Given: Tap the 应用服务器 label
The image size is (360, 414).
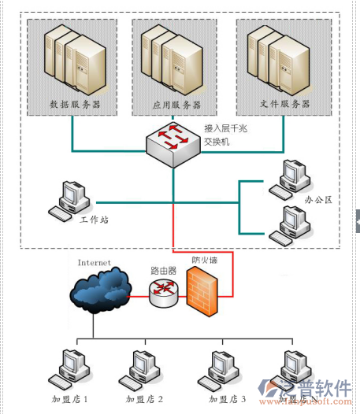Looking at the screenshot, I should click(176, 104).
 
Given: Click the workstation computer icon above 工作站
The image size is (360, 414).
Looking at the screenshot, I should click(69, 198).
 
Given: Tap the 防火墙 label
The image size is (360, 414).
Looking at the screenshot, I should click(206, 259).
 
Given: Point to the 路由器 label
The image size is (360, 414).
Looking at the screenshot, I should click(163, 270).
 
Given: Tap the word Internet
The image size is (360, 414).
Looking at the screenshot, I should click(94, 261).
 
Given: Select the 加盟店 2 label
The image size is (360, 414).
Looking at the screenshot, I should click(145, 399).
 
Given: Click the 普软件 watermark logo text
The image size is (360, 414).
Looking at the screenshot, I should click(323, 388).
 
